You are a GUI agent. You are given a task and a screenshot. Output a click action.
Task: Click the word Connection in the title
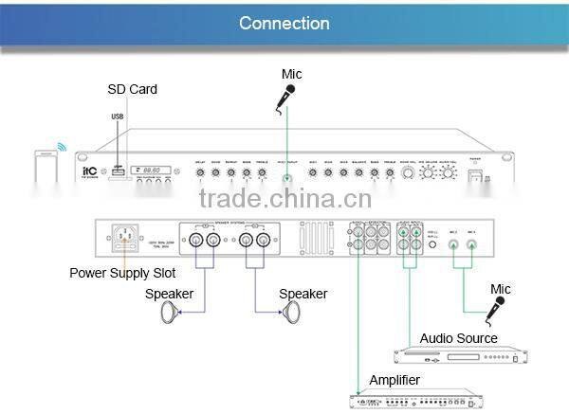pyautogui.click(x=284, y=23)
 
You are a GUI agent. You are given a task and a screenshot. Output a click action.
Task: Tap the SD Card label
pyautogui.click(x=132, y=89)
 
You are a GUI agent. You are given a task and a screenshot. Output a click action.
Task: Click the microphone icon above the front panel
pyautogui.click(x=286, y=96)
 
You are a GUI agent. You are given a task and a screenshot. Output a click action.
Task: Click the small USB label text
pyautogui.click(x=117, y=117)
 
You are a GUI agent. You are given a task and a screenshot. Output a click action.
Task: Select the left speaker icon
pyautogui.click(x=173, y=314)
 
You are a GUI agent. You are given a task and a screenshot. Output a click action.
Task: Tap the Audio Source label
pyautogui.click(x=458, y=338)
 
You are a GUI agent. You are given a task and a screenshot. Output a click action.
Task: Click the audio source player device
pyautogui.click(x=459, y=356)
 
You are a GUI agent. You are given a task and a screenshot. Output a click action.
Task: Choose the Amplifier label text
pyautogui.click(x=395, y=380)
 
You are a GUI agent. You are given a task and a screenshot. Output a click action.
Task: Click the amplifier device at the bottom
pyautogui.click(x=412, y=399)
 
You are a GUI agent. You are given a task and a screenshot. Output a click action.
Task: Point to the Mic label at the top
pyautogui.click(x=292, y=74)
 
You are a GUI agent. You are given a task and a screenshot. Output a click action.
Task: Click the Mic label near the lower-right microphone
pyautogui.click(x=500, y=288)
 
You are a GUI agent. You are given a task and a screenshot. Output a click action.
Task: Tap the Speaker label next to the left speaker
pyautogui.click(x=169, y=294)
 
